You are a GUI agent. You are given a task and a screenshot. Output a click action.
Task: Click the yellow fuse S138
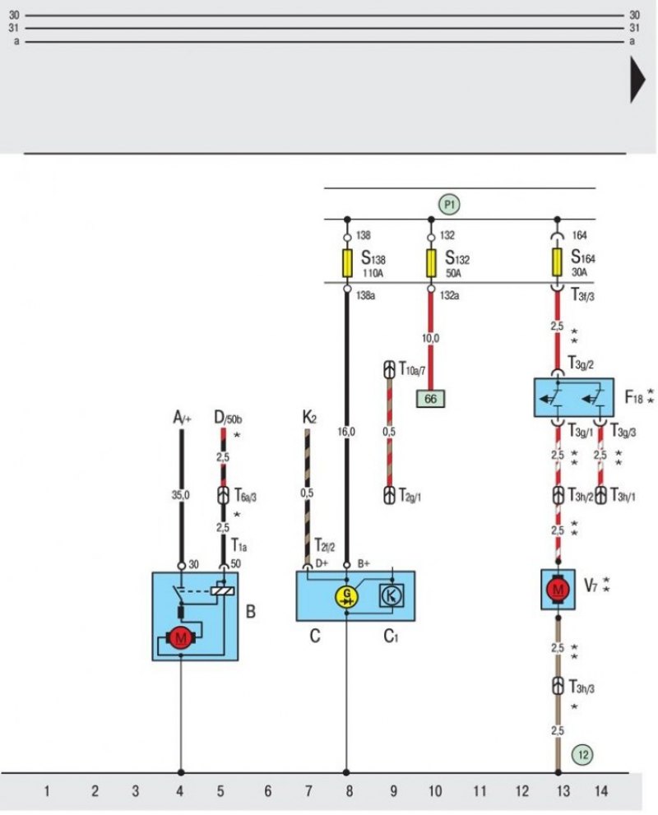click(x=347, y=263)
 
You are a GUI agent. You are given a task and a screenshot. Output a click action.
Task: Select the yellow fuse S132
click(x=431, y=263)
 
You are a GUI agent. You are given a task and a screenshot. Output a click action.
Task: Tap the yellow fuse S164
click(x=557, y=262)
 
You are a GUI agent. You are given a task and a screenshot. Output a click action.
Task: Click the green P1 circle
click(x=449, y=204)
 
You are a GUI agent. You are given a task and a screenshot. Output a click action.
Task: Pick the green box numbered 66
click(x=431, y=399)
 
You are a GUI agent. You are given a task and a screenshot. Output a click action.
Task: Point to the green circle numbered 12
click(x=582, y=754)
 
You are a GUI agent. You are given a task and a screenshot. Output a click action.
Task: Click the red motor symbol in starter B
click(x=180, y=638)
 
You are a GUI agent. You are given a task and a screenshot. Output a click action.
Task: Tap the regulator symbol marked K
click(x=391, y=595)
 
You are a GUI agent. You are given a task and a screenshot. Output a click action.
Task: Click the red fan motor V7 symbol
click(x=558, y=590)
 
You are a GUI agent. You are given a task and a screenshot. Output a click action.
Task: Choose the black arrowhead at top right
click(x=637, y=81)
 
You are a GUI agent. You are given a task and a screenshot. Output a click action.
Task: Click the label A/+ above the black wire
click(x=182, y=418)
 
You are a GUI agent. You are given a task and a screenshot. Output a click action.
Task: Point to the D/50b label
click(x=228, y=418)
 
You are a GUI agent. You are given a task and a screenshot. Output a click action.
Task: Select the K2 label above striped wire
click(x=308, y=418)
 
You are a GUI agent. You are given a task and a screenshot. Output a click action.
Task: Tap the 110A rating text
click(x=373, y=273)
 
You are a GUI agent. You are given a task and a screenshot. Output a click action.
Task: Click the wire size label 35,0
click(x=181, y=495)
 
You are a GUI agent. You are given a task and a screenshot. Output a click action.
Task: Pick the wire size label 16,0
click(x=346, y=432)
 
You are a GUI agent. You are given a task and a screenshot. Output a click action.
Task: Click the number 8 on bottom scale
click(x=350, y=791)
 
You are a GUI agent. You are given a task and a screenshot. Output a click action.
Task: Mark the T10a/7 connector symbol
click(x=389, y=369)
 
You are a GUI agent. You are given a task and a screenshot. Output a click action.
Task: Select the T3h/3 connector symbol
click(x=558, y=686)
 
